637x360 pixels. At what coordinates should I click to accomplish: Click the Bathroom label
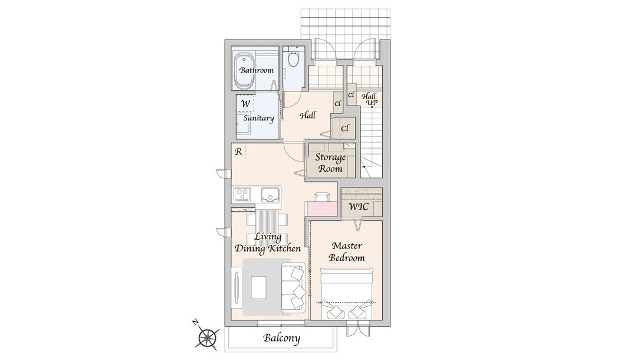tap(257, 70)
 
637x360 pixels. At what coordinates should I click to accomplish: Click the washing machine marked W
tap(245, 103)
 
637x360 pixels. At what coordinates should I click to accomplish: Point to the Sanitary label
tap(258, 118)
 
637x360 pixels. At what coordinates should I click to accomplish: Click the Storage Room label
tap(330, 162)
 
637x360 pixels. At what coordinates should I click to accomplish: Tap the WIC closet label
tap(359, 207)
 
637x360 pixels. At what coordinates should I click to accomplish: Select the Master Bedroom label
tap(347, 251)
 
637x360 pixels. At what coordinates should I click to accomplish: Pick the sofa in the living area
tap(293, 287)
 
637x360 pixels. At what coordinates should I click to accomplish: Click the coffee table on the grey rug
tap(259, 287)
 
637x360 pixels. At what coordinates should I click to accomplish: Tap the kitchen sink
tap(270, 194)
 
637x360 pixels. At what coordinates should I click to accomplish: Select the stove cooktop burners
tap(242, 194)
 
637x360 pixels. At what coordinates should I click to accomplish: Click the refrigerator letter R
tap(238, 152)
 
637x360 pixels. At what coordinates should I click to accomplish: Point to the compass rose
tap(208, 337)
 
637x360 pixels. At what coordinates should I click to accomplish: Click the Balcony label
tap(281, 338)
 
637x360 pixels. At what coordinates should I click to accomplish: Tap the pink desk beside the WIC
tap(322, 209)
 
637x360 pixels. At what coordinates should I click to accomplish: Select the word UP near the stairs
tap(372, 103)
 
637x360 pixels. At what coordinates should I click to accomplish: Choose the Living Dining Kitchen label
tap(268, 243)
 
